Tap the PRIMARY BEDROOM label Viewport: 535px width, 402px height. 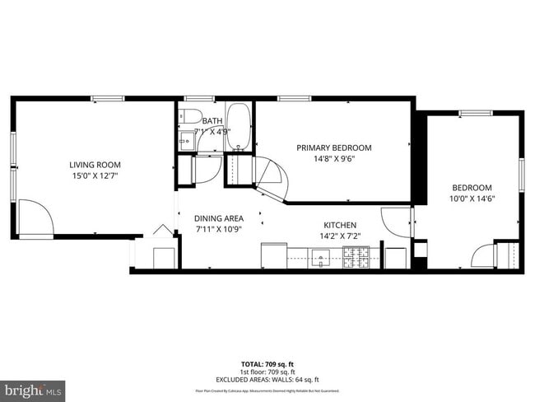(x=333, y=147)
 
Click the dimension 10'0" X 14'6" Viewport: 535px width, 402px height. (x=472, y=199)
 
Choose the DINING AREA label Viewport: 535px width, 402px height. (x=218, y=218)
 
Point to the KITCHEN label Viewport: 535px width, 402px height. (x=339, y=225)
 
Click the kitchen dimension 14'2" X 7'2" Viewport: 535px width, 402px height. (x=339, y=236)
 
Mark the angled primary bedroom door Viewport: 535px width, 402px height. (x=273, y=177)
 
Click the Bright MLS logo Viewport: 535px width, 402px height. (x=33, y=388)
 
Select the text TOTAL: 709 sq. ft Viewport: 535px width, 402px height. (x=267, y=362)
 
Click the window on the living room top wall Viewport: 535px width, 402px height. (x=107, y=99)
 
